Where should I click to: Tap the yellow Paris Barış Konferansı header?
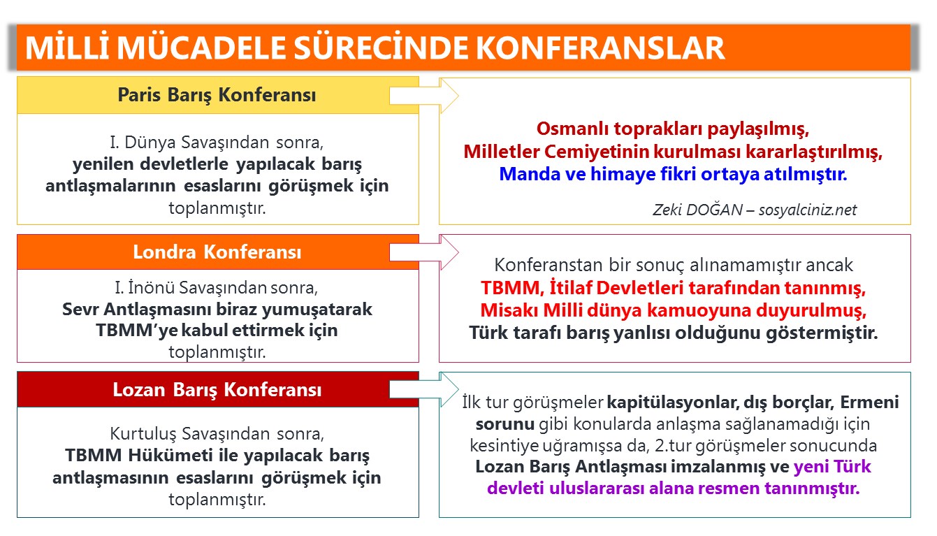(217, 95)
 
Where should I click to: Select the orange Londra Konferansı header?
(217, 252)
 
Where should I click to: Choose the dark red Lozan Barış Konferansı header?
(217, 389)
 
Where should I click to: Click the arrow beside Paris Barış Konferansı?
(423, 95)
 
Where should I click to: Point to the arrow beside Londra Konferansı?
(423, 252)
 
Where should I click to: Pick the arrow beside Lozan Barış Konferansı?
(423, 389)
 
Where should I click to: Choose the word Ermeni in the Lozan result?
(869, 403)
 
